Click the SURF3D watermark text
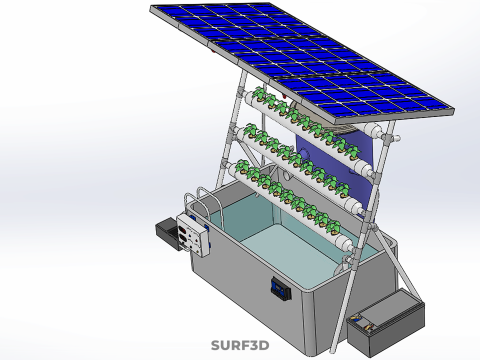(240, 345)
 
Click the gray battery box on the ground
(386, 322)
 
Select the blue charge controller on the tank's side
(280, 289)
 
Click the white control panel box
(193, 235)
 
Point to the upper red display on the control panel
(183, 230)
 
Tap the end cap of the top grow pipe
(373, 130)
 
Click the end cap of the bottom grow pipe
(344, 242)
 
